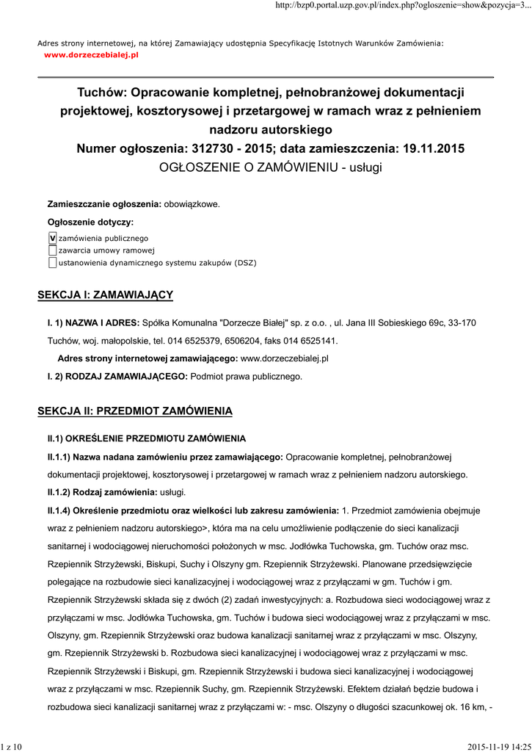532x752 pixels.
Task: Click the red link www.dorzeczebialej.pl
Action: (91, 55)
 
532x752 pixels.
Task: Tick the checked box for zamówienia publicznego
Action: (52, 238)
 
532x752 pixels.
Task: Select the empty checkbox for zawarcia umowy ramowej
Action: (52, 250)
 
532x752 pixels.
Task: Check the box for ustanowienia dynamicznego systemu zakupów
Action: (52, 262)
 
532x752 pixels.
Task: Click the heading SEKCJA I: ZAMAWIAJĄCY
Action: (105, 295)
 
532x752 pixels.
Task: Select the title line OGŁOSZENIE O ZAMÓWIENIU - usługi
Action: (271, 167)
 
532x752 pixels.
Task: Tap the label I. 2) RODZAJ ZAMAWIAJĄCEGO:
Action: (117, 377)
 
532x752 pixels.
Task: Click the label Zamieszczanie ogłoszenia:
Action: (104, 203)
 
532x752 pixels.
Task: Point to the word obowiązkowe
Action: (192, 203)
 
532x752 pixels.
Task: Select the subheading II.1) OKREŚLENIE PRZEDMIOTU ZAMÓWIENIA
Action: (147, 438)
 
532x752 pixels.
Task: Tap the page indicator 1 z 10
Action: (12, 746)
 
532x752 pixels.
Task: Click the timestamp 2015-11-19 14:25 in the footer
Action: (499, 746)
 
